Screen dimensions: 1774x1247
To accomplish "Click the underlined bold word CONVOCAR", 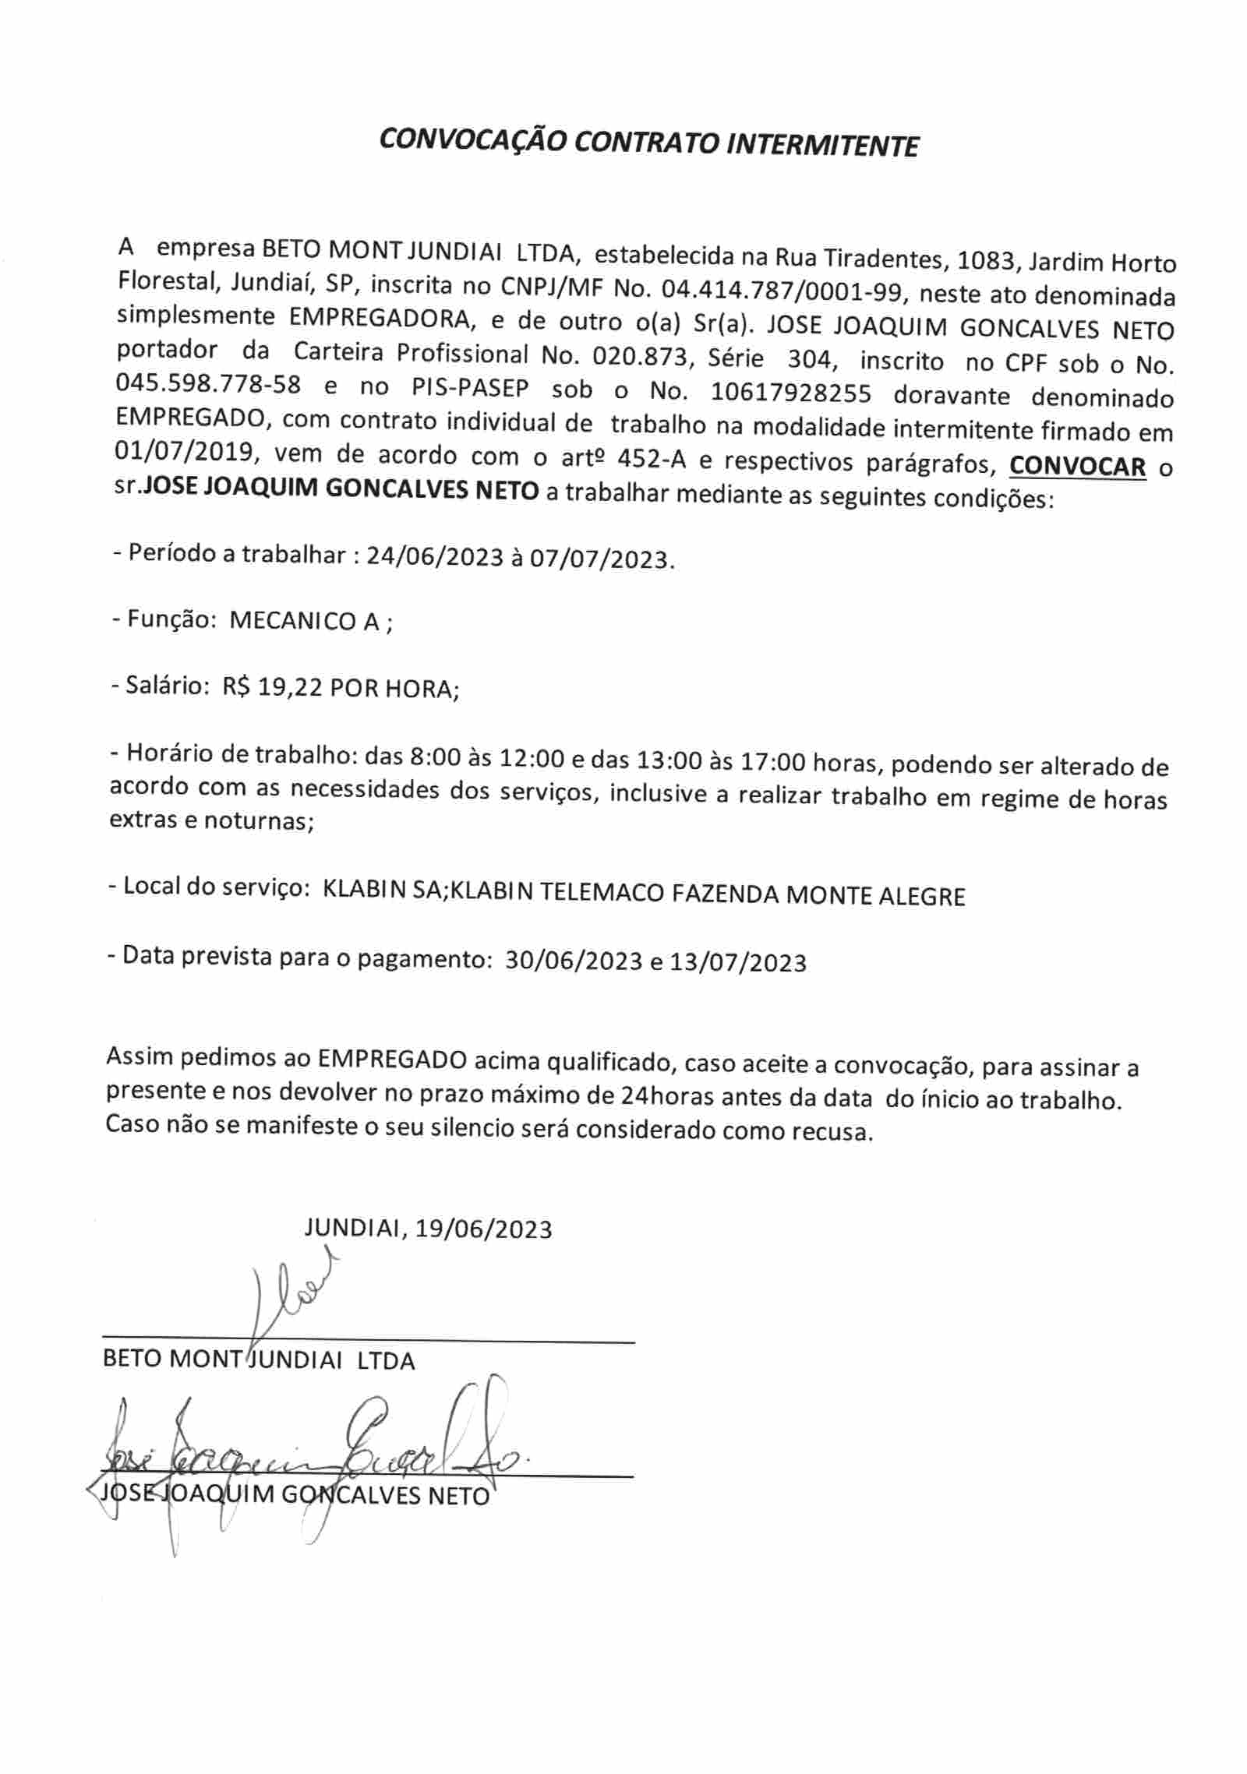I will (1077, 467).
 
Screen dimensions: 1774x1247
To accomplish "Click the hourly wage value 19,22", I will (291, 688).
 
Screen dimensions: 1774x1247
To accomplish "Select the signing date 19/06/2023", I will (483, 1229).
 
